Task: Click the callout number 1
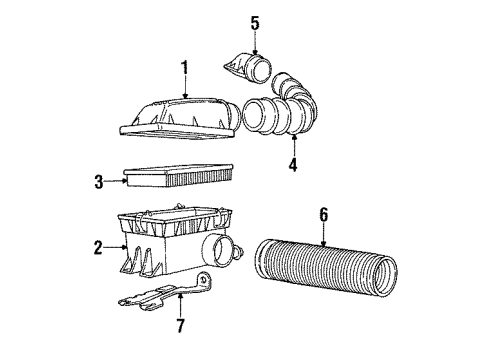tap(183, 67)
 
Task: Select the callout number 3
tap(98, 182)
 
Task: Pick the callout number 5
tap(254, 21)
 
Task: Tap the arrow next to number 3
tap(113, 182)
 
